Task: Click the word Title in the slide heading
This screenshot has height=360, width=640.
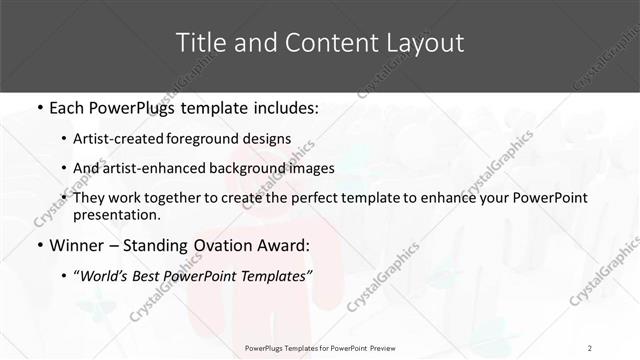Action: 200,43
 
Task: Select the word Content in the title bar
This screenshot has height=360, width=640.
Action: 315,43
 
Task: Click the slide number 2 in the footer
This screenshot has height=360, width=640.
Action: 590,347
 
